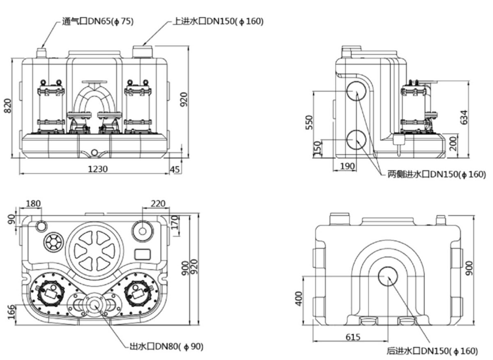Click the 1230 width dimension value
pyautogui.click(x=97, y=169)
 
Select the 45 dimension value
pyautogui.click(x=175, y=169)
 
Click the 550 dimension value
pyautogui.click(x=309, y=122)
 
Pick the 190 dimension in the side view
pyautogui.click(x=348, y=166)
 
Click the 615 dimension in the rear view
pyautogui.click(x=353, y=337)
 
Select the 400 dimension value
pyautogui.click(x=299, y=299)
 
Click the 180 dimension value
pyautogui.click(x=33, y=204)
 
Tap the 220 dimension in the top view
pyautogui.click(x=158, y=204)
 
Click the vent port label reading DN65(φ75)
pyautogui.click(x=98, y=21)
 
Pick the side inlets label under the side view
pyautogui.click(x=437, y=175)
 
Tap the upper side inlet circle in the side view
pyautogui.click(x=356, y=92)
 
